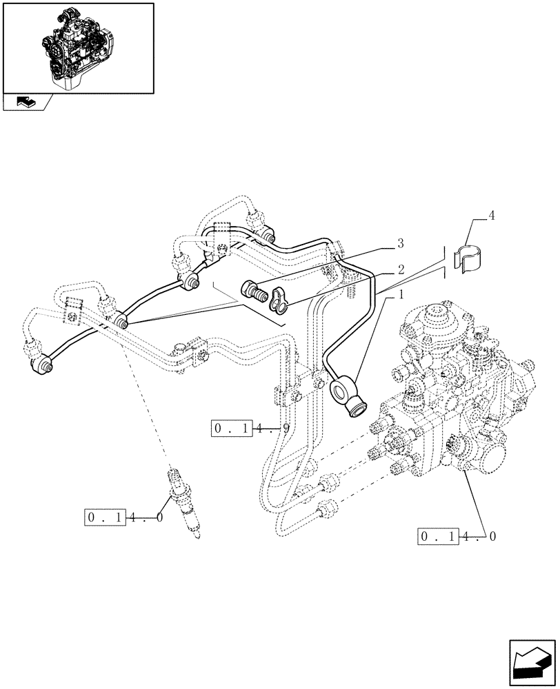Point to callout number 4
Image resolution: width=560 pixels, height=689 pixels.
pyautogui.click(x=490, y=216)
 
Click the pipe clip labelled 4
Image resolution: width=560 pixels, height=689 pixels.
pyautogui.click(x=471, y=256)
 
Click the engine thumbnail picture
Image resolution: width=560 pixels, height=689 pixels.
pyautogui.click(x=78, y=48)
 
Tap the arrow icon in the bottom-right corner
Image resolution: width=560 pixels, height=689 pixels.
pyautogui.click(x=532, y=662)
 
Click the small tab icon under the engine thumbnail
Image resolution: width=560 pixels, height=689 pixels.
pyautogui.click(x=26, y=102)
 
